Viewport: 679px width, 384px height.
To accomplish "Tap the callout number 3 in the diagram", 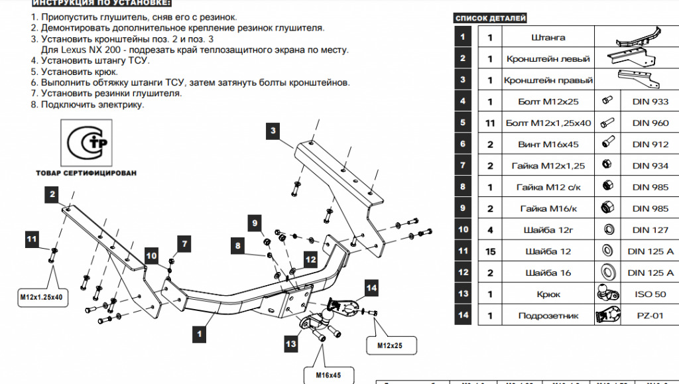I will click(x=273, y=131).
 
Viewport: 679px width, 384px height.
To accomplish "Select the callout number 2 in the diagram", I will click(x=52, y=194).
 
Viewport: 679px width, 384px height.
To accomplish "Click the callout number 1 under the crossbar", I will click(x=197, y=334).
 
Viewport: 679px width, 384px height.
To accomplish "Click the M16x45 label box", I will click(x=327, y=375).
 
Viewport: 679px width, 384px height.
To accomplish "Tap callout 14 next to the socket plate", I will click(x=371, y=287).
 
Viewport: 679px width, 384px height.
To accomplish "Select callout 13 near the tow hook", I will click(x=290, y=344).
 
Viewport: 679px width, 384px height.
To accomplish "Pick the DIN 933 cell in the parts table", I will click(x=650, y=101).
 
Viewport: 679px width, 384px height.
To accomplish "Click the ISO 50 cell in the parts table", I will click(x=650, y=294).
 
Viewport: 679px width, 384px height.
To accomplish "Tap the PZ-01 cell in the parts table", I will click(x=650, y=316).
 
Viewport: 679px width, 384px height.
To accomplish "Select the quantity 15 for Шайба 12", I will click(x=490, y=251).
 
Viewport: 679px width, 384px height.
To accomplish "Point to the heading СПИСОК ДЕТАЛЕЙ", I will click(x=491, y=19).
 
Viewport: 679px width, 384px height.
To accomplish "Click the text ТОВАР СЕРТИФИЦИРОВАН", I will click(x=87, y=172).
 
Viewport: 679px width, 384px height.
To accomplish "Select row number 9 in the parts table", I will click(x=463, y=208).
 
